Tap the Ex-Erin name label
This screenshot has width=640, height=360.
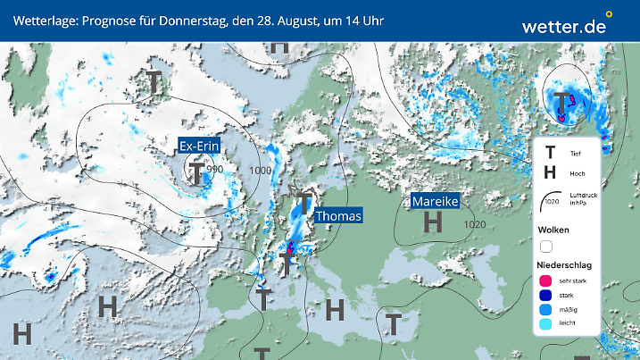tap(199, 147)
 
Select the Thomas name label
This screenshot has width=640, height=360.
tap(338, 216)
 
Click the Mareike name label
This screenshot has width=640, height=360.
tap(435, 202)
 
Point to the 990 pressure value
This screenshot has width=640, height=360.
tap(214, 169)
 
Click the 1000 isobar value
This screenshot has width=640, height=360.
tap(261, 171)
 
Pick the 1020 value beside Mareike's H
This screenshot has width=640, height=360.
tap(475, 224)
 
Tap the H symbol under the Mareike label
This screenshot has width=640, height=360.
tap(433, 222)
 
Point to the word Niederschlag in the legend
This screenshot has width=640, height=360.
tap(562, 265)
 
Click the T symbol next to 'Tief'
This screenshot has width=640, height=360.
tap(550, 154)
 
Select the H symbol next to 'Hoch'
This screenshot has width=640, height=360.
tap(550, 173)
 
